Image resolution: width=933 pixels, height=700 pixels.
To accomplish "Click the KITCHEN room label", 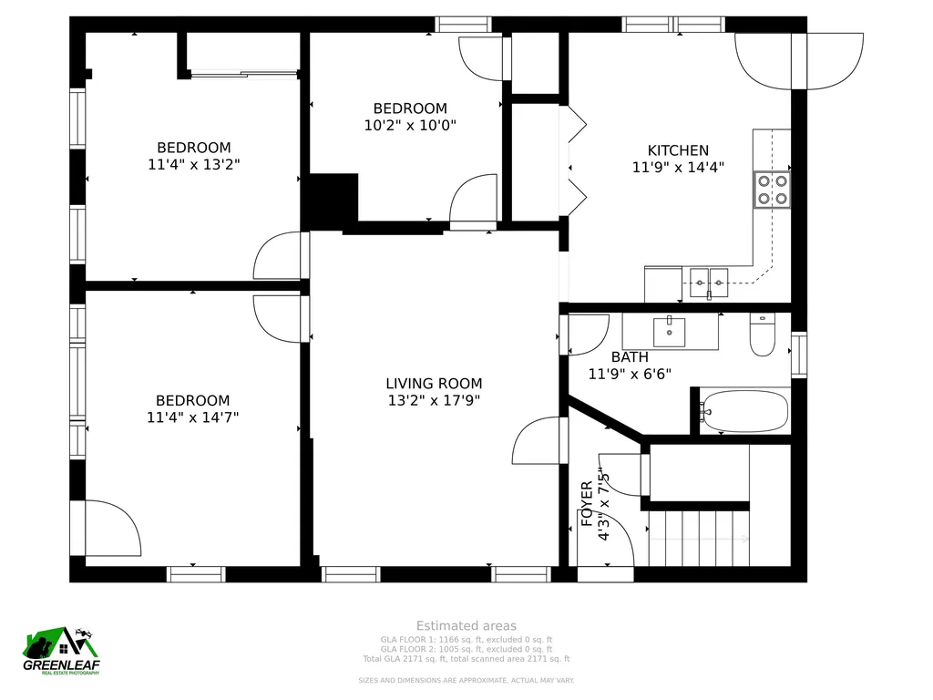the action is pos(678,150).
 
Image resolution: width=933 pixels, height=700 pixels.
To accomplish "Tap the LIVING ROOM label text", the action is pos(434,384).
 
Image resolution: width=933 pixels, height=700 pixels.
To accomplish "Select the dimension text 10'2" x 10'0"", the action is pos(410,125).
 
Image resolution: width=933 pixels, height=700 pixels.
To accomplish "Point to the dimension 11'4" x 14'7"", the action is pos(193,417).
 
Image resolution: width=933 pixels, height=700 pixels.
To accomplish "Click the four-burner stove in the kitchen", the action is pos(773,190).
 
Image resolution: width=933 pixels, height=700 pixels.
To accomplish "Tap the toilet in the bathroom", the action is pos(763,335).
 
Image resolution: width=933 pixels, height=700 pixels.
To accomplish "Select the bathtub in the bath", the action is pos(743,411).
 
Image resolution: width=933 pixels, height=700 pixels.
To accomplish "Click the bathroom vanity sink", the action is pos(670,332).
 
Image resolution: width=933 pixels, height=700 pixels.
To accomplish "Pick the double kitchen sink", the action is pos(709,283).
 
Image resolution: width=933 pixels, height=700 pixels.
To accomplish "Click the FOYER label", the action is pos(587,503).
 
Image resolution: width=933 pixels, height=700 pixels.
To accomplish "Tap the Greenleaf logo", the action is pos(61,651).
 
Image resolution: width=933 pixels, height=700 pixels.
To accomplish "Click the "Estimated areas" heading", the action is pos(466,625).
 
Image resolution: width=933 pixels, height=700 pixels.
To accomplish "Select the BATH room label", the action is pos(630,357).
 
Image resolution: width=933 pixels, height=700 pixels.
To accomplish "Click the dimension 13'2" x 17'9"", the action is pos(434,400).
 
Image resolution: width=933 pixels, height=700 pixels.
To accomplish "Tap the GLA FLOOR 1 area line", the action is pos(466,640).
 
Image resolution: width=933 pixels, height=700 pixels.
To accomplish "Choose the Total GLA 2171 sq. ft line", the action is pos(466,659).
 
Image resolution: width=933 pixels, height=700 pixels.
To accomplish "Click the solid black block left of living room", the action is pos(330,202).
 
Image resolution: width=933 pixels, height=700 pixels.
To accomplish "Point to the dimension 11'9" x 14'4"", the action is pos(678,167).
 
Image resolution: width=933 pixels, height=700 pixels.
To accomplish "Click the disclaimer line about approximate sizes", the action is pos(466,680).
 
